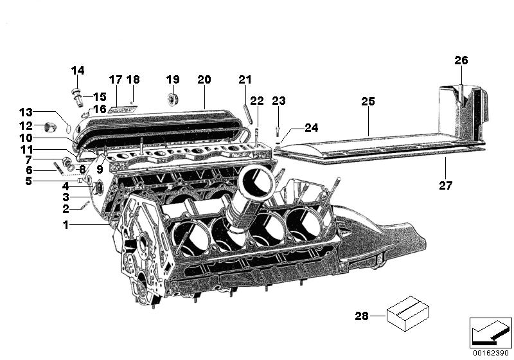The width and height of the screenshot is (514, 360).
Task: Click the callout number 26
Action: tap(461, 60)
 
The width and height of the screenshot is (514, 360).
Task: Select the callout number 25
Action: tap(368, 102)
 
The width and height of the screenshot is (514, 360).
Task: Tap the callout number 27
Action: tap(446, 186)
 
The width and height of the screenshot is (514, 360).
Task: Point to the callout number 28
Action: tap(362, 316)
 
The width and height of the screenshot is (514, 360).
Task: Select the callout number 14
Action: tap(78, 70)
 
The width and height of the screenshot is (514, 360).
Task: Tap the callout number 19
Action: tap(173, 80)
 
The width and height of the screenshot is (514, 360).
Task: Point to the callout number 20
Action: tap(204, 80)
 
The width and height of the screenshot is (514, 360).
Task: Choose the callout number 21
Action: tap(245, 80)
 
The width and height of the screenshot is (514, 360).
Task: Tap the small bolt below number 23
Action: tap(278, 129)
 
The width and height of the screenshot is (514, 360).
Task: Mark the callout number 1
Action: tap(65, 225)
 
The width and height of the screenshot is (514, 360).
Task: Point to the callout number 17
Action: tap(115, 80)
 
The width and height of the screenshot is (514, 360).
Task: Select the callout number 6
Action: tap(29, 170)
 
